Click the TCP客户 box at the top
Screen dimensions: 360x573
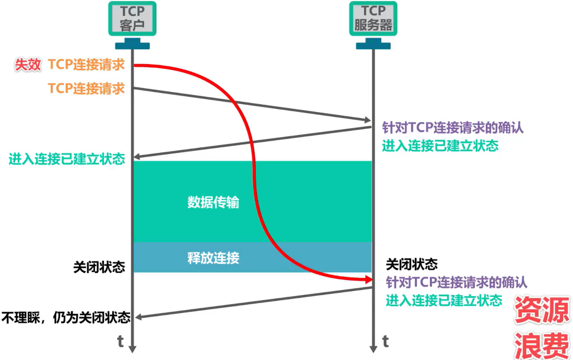click(133, 18)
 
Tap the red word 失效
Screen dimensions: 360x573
click(28, 65)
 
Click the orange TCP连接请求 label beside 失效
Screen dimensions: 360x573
click(86, 65)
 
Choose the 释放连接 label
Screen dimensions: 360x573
click(213, 258)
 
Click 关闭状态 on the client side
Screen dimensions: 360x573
click(99, 267)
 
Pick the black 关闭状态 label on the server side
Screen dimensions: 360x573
click(412, 264)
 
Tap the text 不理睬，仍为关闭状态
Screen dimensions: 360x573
click(66, 318)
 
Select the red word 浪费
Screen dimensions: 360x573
click(541, 344)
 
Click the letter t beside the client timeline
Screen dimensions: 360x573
click(121, 341)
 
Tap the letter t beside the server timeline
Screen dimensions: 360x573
click(385, 341)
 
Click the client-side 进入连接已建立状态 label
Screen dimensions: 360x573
click(66, 159)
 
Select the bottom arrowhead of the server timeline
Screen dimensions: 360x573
click(373, 350)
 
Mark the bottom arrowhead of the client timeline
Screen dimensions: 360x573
click(133, 350)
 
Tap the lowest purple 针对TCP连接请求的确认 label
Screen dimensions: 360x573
click(457, 282)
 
